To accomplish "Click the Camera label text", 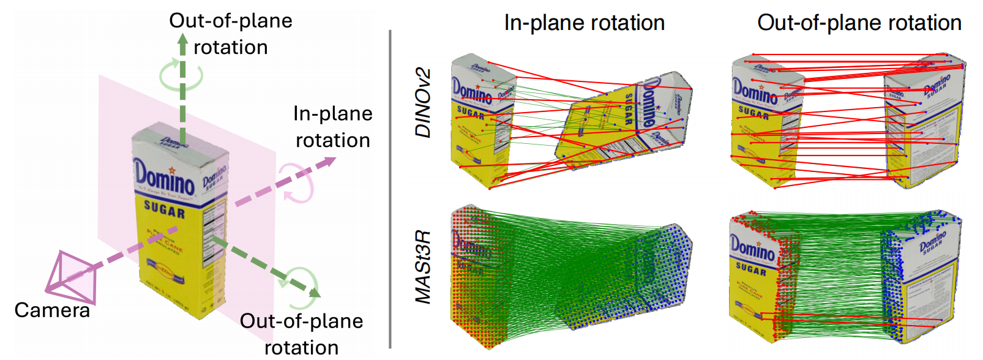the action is [52, 310].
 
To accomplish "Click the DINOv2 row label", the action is [423, 103].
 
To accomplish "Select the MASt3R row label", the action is [423, 266].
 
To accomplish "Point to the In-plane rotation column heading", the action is [584, 23].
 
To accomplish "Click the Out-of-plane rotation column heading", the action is [859, 23].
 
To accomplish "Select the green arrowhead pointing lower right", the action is [313, 293].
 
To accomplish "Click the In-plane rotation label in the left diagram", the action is [332, 127].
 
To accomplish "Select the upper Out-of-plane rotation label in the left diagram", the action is [230, 34].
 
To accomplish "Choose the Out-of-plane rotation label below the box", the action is [301, 334].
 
